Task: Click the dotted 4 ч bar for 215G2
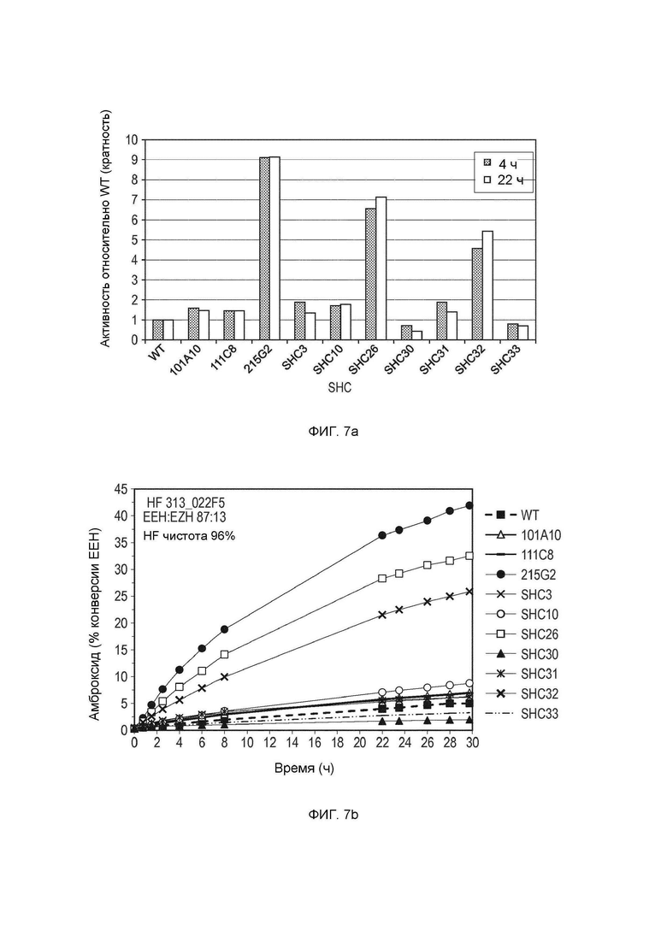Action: click(x=264, y=248)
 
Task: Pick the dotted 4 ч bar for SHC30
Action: click(x=406, y=333)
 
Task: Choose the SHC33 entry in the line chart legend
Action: click(x=528, y=713)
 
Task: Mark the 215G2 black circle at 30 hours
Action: click(x=469, y=506)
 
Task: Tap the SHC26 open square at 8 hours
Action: click(x=225, y=654)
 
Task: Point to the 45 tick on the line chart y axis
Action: click(x=121, y=489)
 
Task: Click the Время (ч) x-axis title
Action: click(x=304, y=769)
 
